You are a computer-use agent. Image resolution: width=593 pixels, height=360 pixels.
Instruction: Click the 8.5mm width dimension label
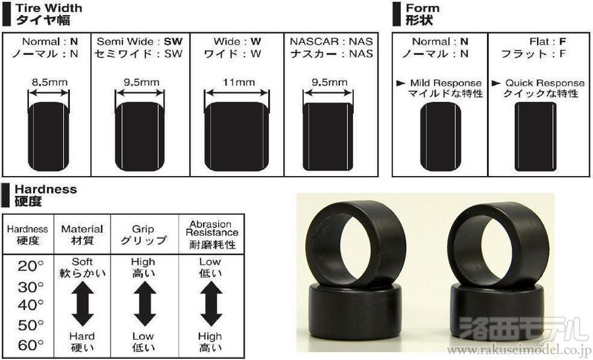(x=49, y=82)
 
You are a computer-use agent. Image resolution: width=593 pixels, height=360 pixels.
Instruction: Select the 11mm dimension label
(x=239, y=82)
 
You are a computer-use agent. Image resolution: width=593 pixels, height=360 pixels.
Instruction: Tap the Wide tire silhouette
(x=237, y=136)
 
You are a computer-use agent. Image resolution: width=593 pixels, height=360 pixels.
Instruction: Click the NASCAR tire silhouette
(x=328, y=136)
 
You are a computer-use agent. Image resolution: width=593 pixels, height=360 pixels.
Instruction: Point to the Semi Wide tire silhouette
(x=140, y=136)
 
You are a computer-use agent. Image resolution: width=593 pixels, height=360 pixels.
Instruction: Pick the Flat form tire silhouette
(x=535, y=136)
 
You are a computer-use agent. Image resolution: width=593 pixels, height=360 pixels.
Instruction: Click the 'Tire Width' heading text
(x=48, y=8)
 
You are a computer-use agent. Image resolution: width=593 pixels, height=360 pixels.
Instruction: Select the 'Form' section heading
(x=422, y=8)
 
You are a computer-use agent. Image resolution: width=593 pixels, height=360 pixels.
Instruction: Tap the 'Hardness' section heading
(x=45, y=189)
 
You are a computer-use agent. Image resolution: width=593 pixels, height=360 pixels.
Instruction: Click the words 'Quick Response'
(x=545, y=83)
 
